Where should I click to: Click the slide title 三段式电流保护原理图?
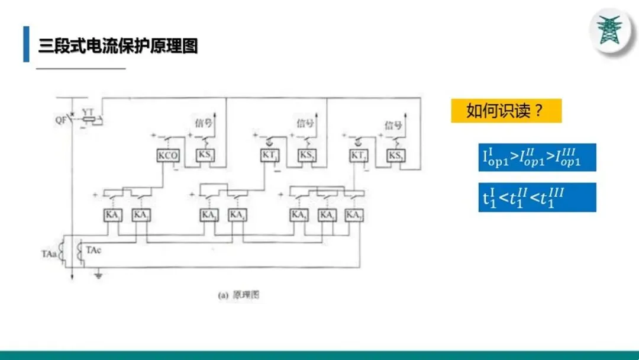click(x=118, y=46)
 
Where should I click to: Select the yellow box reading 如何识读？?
click(x=506, y=111)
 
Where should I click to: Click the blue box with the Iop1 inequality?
click(x=537, y=157)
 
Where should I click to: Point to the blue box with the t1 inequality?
click(x=537, y=197)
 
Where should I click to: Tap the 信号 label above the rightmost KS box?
click(x=393, y=125)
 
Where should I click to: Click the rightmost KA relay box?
click(x=354, y=216)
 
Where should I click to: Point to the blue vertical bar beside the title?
click(x=26, y=44)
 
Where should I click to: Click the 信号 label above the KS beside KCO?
click(x=204, y=123)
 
